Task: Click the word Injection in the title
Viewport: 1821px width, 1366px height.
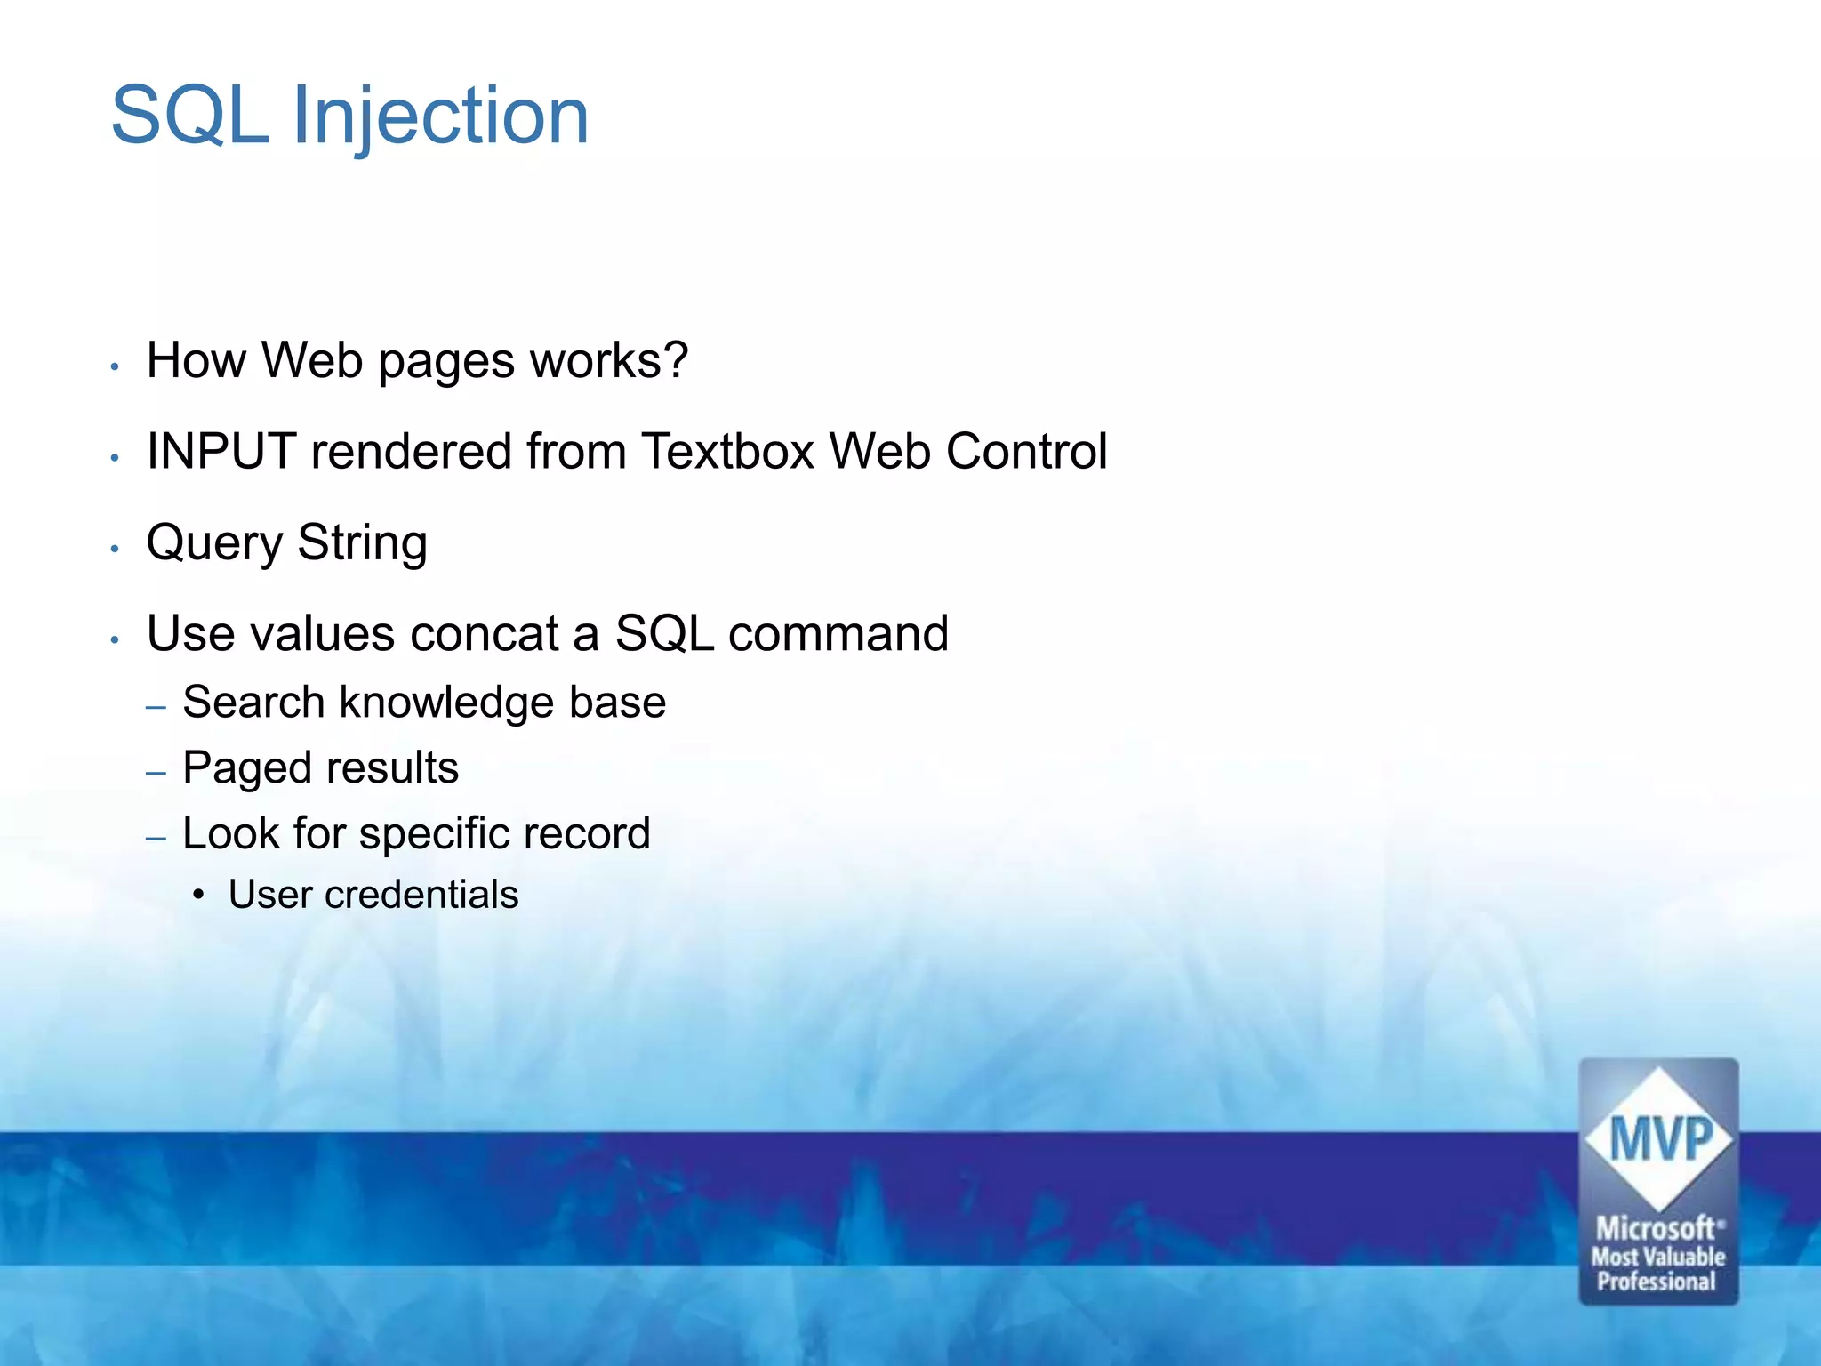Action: click(440, 116)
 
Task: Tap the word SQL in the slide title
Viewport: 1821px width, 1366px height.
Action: click(189, 116)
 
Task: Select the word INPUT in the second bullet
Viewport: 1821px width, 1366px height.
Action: click(221, 451)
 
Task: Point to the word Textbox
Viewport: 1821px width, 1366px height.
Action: click(727, 451)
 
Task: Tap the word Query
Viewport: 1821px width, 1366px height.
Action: click(214, 543)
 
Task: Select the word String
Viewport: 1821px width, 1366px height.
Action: click(362, 543)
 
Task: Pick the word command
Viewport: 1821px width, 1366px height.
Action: click(838, 633)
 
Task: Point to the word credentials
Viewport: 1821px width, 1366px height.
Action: click(421, 895)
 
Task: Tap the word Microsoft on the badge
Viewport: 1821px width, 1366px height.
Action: click(1656, 1229)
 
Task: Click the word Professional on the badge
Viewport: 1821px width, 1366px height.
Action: click(1657, 1282)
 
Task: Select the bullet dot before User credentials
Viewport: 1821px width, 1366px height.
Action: click(198, 895)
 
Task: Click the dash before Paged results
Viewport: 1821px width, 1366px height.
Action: click(156, 772)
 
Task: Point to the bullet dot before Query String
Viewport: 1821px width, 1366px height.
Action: click(115, 549)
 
